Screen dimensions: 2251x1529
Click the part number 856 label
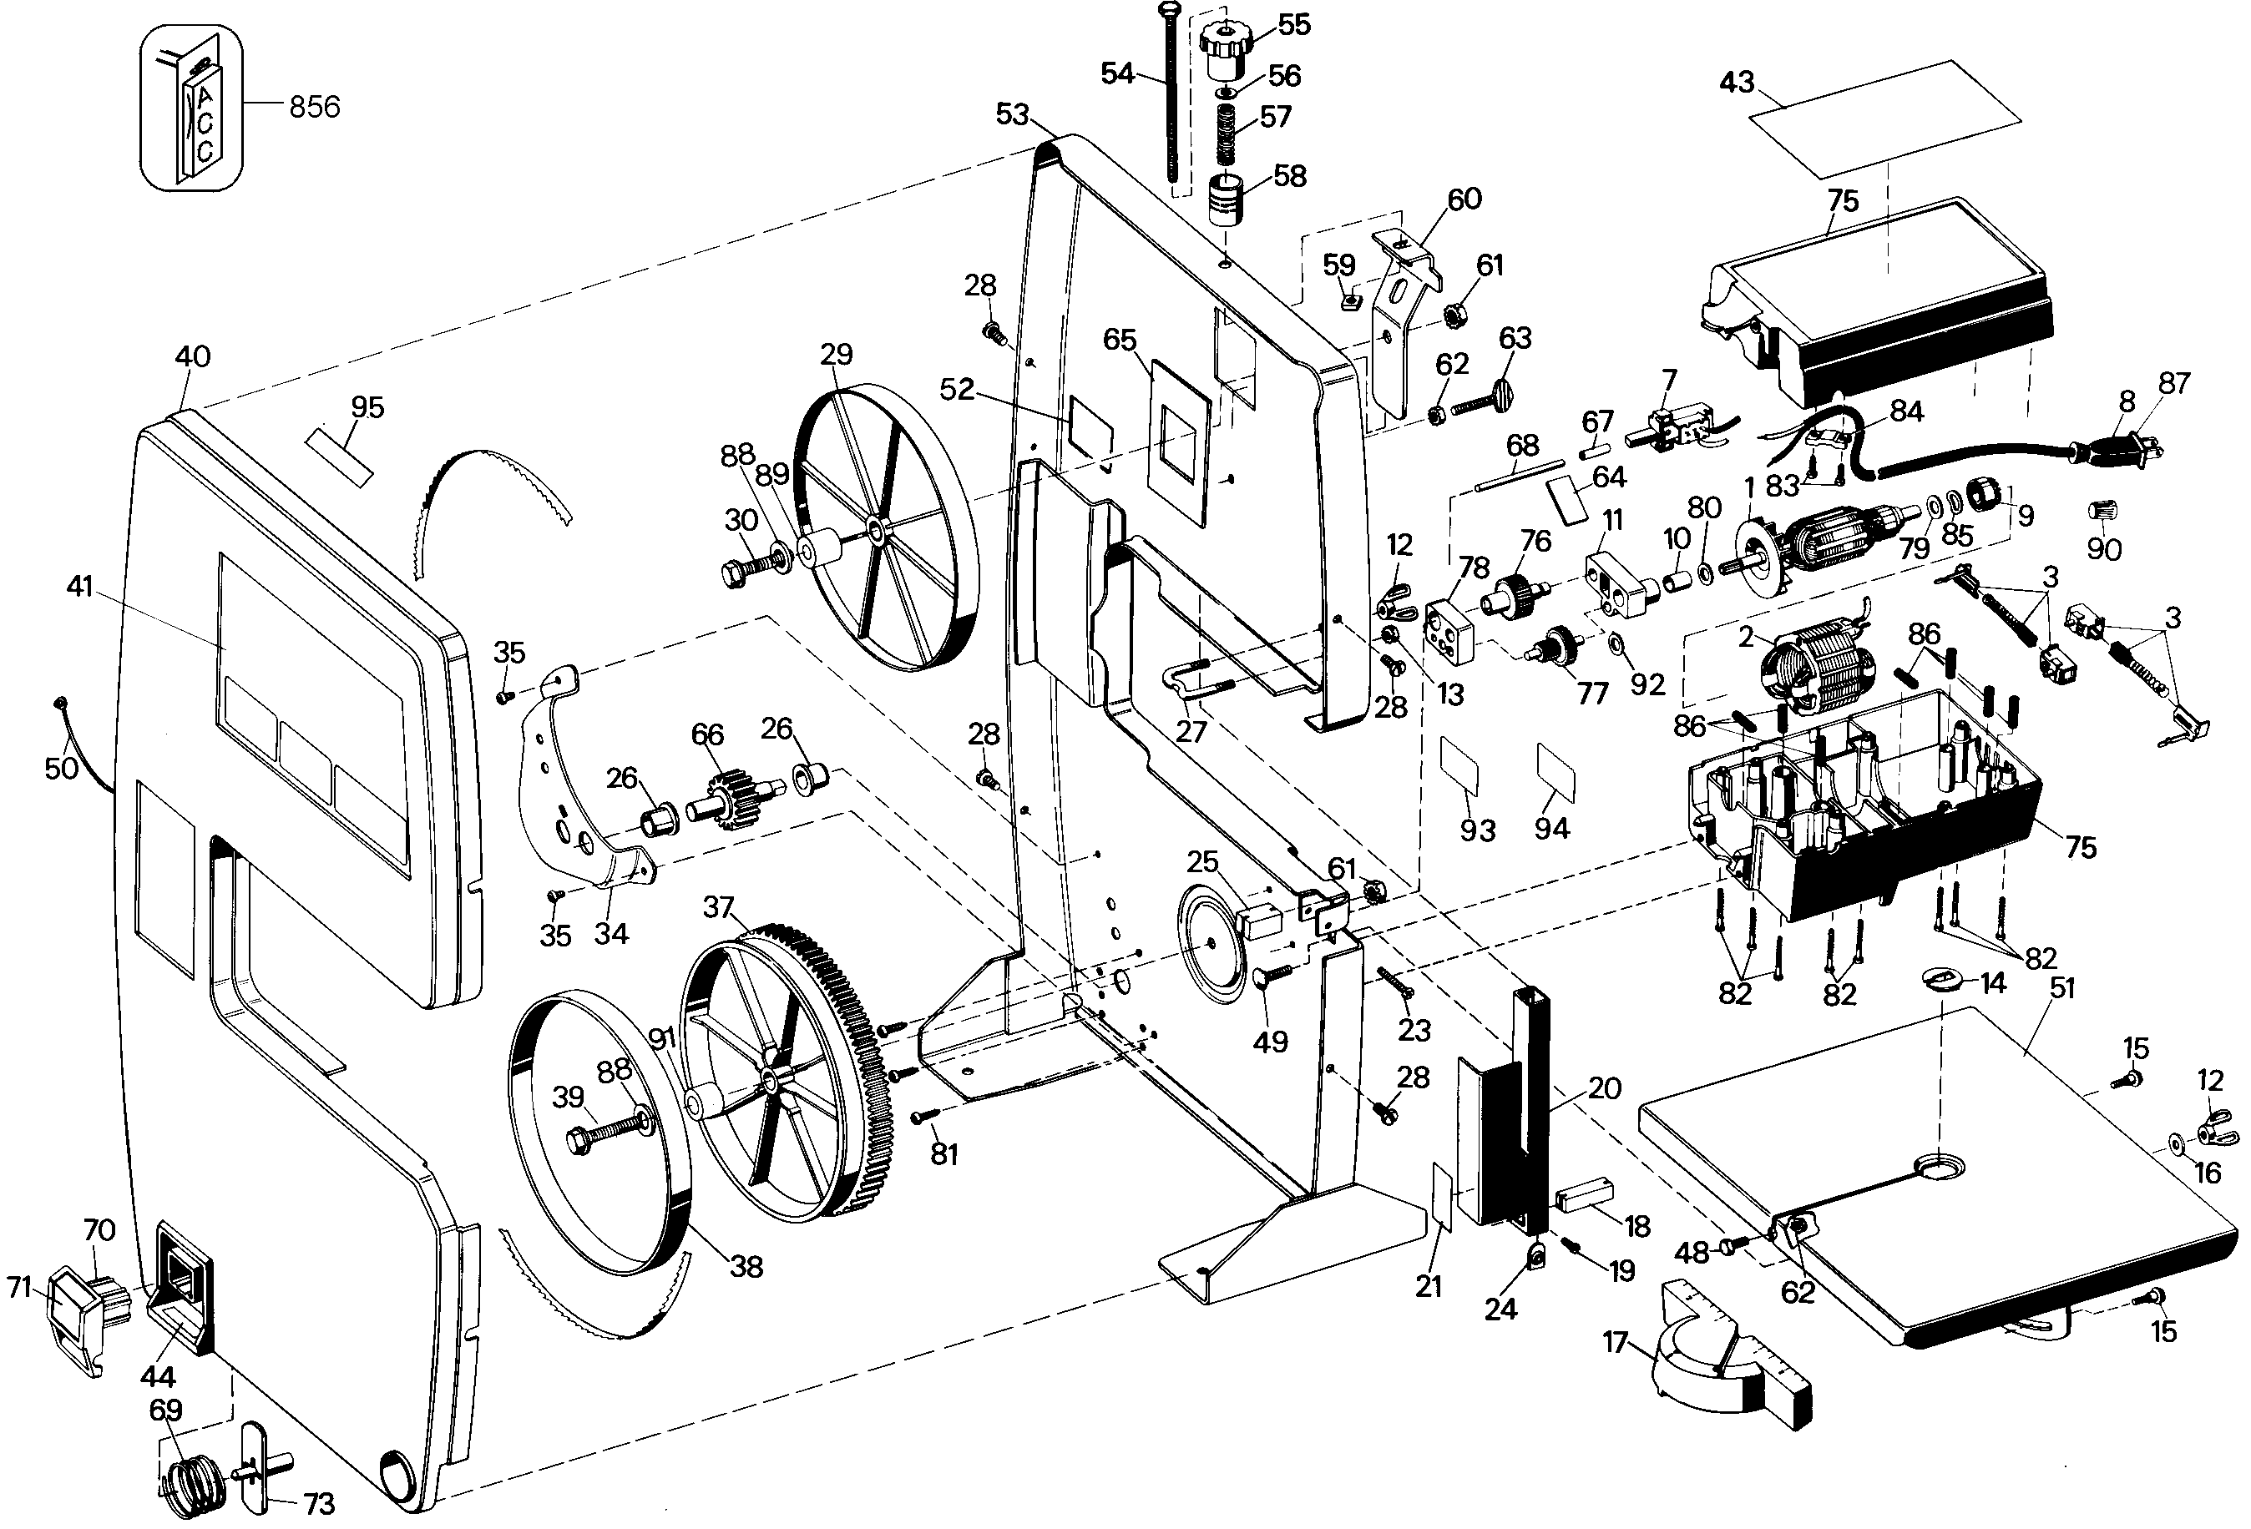coord(315,107)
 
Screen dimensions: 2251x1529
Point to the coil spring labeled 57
coord(1227,133)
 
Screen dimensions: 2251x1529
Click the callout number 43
coord(1737,83)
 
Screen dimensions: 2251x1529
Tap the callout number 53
coord(1013,115)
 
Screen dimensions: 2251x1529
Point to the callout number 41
coord(79,587)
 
